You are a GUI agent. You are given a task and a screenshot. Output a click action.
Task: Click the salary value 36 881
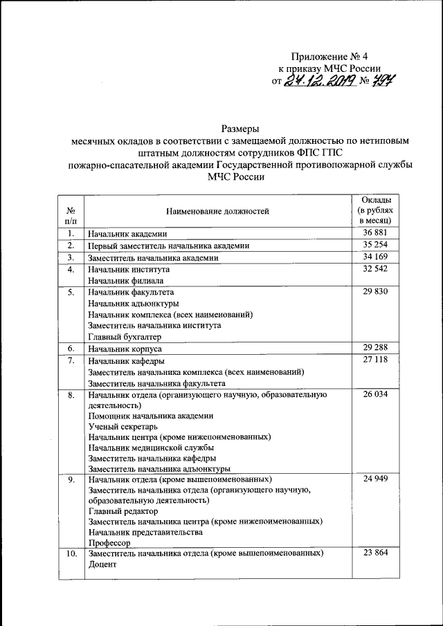[x=375, y=233]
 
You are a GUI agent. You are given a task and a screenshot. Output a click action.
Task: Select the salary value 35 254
[x=375, y=245]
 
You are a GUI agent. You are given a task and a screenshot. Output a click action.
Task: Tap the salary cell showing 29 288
[x=375, y=347]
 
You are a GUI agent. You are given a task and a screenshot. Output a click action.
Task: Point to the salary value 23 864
[x=375, y=553]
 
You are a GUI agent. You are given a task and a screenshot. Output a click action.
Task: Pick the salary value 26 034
[x=375, y=394]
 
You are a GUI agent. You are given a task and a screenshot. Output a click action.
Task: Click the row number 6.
[x=71, y=347]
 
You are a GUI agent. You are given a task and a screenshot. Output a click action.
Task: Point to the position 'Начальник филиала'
[x=125, y=281]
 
